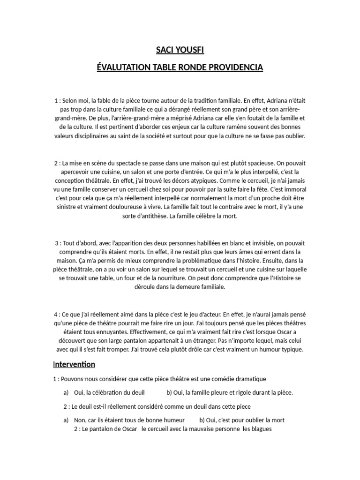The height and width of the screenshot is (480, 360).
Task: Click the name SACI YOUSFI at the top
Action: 180,50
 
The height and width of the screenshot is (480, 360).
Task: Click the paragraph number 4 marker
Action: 56,314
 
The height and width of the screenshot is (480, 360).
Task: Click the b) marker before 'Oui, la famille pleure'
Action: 170,392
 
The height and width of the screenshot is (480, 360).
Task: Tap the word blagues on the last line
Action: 262,429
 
